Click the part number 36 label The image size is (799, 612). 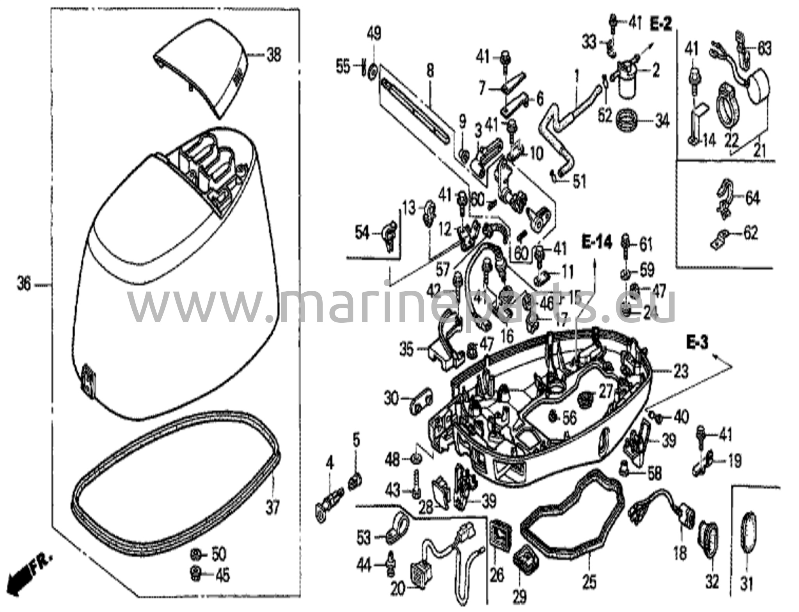click(24, 285)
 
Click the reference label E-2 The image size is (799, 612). click(661, 25)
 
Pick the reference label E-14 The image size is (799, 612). click(597, 242)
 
